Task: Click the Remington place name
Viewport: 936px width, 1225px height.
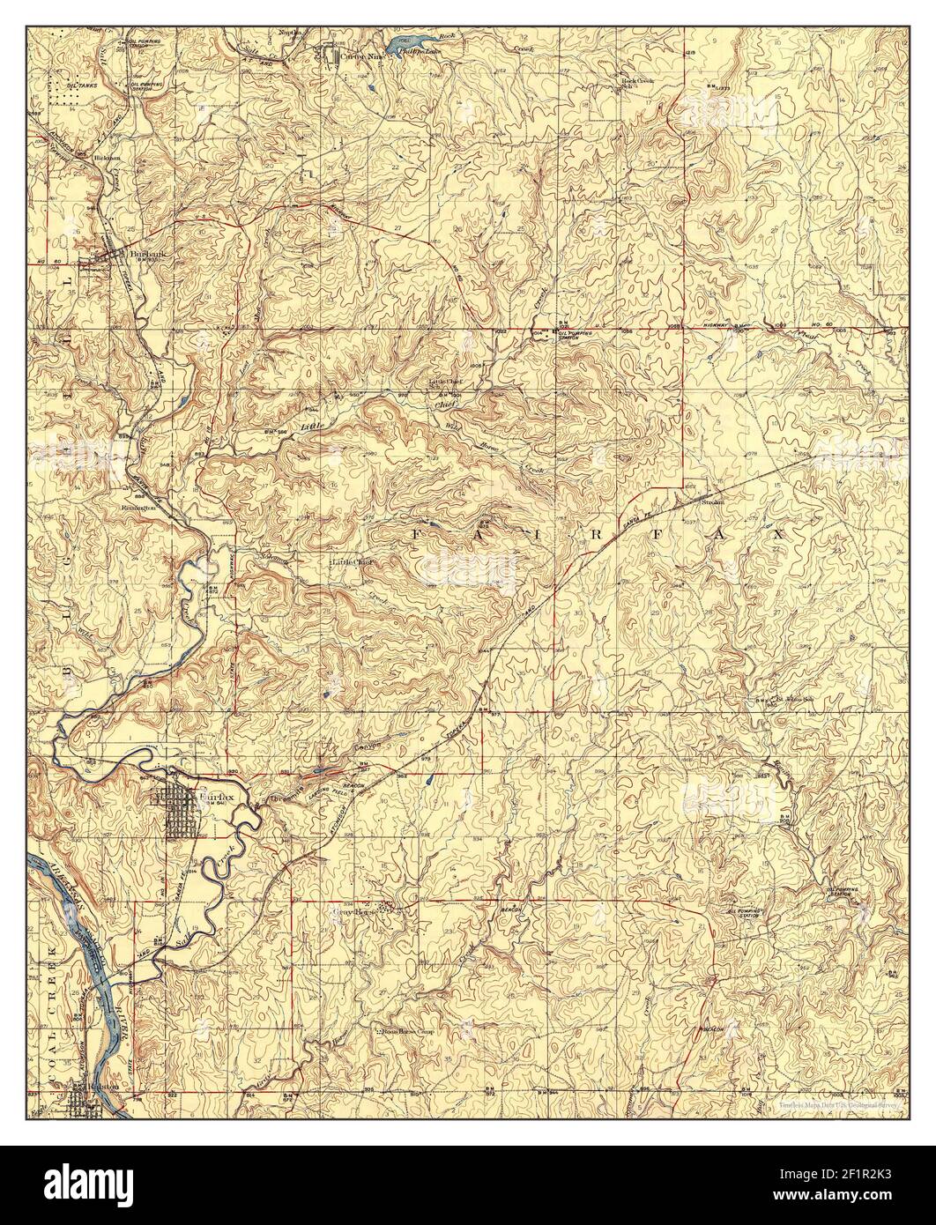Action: point(139,509)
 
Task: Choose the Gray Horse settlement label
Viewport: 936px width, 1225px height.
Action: point(356,913)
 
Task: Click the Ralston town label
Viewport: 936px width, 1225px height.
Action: point(98,1090)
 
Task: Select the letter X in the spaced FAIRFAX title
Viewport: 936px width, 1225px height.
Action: point(779,535)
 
